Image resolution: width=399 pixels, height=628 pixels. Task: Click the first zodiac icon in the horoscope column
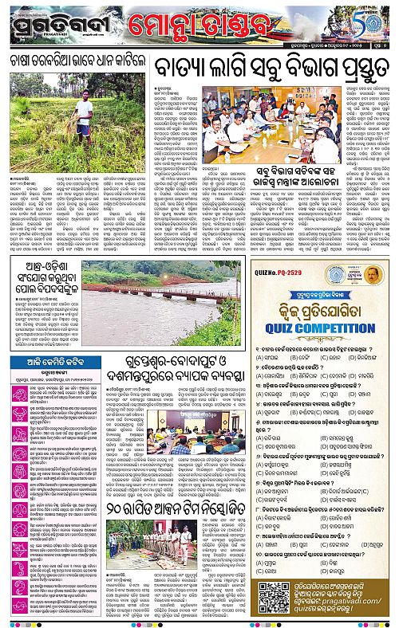(x=14, y=367)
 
